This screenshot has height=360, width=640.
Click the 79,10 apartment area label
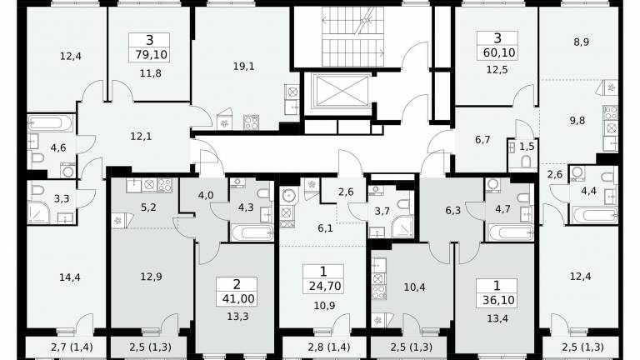[152, 54]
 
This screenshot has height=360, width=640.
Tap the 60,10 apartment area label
[500, 52]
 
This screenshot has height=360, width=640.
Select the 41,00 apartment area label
[238, 299]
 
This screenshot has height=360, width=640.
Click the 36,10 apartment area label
[498, 300]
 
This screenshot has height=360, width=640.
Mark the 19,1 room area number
[243, 66]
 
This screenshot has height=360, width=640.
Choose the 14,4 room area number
[70, 277]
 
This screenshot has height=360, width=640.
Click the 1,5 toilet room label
[527, 146]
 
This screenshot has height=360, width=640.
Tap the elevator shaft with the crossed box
[340, 91]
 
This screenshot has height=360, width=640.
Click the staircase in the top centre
[353, 36]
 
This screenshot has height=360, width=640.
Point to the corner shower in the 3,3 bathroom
[39, 212]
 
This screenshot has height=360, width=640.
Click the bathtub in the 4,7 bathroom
[510, 233]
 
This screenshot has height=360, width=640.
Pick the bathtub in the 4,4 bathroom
[595, 216]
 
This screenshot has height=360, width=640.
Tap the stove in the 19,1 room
[251, 122]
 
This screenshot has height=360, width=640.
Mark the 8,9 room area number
[581, 42]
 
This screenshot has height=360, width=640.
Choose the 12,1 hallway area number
[141, 137]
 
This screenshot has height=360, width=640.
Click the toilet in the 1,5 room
[526, 162]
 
